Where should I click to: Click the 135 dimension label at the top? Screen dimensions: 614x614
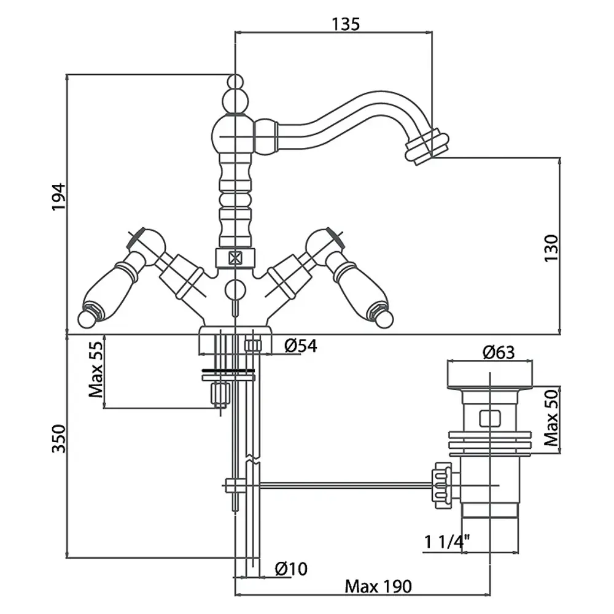coord(345,24)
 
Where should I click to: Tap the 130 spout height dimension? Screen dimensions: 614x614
coord(551,247)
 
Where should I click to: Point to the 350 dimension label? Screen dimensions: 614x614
coord(58,438)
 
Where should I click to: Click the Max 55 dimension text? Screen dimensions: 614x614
coord(96,370)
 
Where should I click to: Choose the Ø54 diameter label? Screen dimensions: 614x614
coord(300,347)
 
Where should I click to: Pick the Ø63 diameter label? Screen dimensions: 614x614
coord(498,352)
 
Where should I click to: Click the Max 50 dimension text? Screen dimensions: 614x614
coord(551,419)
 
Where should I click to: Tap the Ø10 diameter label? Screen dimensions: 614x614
coord(291,569)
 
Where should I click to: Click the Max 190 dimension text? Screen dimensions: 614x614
coord(378,586)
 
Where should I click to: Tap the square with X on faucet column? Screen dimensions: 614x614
coord(235,258)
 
